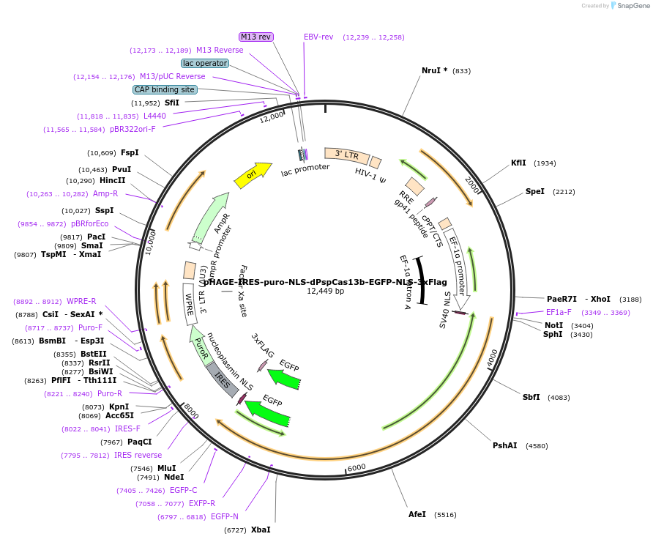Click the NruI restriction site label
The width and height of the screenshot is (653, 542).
(x=434, y=71)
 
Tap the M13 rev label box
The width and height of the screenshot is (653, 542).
(x=256, y=37)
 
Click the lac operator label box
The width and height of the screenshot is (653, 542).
(x=205, y=63)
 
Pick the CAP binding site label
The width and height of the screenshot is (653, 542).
(x=165, y=89)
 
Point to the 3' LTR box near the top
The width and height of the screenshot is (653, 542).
(x=346, y=155)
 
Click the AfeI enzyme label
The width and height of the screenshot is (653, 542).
(x=417, y=514)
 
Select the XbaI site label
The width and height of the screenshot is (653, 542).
(x=261, y=529)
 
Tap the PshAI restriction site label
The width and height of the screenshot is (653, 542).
(x=504, y=445)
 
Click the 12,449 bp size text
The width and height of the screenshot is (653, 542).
(x=326, y=292)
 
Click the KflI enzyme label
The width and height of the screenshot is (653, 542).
(x=518, y=163)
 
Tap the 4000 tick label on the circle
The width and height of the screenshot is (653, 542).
(x=491, y=357)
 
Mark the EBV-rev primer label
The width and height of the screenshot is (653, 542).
(x=318, y=37)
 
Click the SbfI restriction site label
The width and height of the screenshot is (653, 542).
(x=531, y=397)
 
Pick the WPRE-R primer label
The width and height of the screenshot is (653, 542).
(x=81, y=301)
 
